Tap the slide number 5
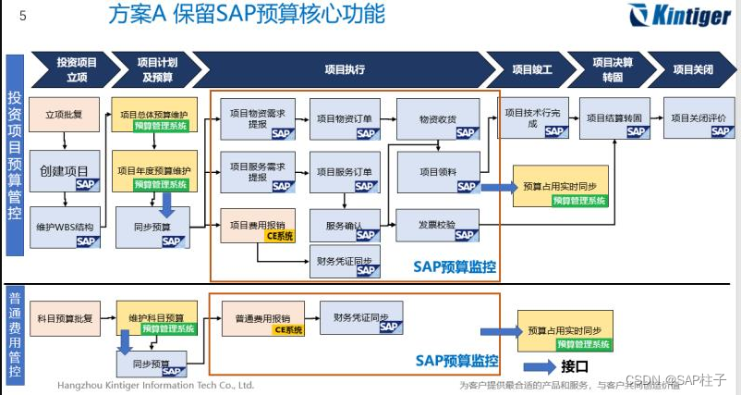22,15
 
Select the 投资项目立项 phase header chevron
76,68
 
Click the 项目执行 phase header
344,68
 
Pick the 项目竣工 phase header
532,68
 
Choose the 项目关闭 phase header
692,68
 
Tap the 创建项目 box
64,170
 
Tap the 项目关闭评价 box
697,118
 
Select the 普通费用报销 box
261,318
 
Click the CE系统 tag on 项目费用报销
279,236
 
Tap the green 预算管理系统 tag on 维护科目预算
167,328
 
